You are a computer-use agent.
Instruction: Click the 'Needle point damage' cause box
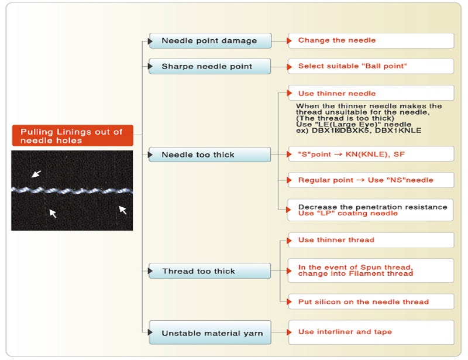(x=210, y=40)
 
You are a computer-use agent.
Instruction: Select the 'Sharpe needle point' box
(x=210, y=66)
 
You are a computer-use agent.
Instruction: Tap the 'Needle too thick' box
(x=210, y=155)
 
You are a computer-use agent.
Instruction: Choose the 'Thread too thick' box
(x=210, y=271)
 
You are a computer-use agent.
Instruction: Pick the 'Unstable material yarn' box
(x=210, y=332)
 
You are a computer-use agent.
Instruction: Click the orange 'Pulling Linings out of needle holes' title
(x=73, y=136)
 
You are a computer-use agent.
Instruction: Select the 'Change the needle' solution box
(x=371, y=40)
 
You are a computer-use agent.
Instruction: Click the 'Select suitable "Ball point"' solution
(x=371, y=66)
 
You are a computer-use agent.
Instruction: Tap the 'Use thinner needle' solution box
(x=371, y=93)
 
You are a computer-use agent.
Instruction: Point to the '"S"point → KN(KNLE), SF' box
(x=371, y=154)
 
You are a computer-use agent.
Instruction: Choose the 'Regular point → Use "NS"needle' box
(x=371, y=180)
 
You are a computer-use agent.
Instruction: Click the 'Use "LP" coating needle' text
(x=347, y=213)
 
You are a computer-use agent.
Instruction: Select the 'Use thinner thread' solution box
(x=371, y=240)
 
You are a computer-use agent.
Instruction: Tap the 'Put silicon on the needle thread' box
(x=371, y=301)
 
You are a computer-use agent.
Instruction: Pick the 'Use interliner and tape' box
(x=371, y=332)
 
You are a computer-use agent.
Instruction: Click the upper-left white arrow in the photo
(x=36, y=174)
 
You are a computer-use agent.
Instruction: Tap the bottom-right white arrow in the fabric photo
(x=123, y=210)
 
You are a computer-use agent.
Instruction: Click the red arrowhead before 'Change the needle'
(x=289, y=40)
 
